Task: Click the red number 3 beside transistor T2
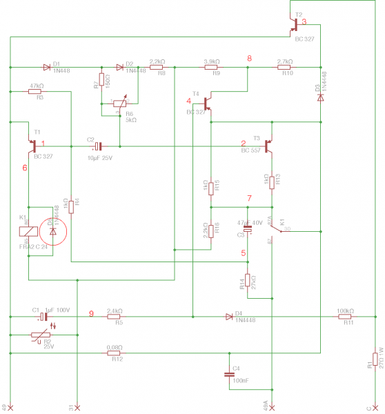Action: [304, 22]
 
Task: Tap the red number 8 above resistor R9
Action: [250, 58]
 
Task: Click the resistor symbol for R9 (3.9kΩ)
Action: [212, 67]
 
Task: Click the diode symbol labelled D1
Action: [47, 67]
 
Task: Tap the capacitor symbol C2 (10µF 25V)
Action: [98, 146]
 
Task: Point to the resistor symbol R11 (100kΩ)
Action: [345, 317]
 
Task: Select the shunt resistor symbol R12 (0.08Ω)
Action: [115, 353]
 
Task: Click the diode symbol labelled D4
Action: [230, 317]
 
